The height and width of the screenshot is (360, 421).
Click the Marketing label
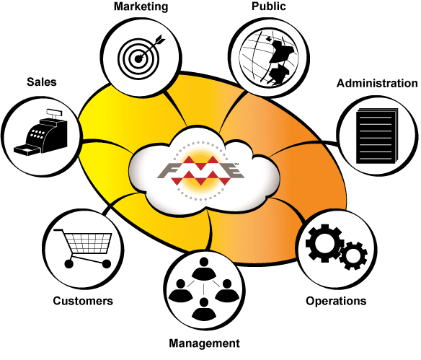[x=141, y=6]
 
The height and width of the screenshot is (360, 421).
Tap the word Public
[x=268, y=6]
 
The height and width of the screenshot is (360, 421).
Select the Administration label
[x=377, y=83]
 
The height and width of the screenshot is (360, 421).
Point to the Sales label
[x=42, y=82]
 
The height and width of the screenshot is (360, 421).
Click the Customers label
[x=83, y=301]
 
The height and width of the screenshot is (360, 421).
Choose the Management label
[x=204, y=343]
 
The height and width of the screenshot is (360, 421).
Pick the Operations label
[x=336, y=301]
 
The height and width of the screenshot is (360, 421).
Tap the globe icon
[x=269, y=58]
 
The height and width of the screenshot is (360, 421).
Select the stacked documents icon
[x=377, y=136]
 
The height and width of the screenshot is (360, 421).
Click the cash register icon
[x=41, y=132]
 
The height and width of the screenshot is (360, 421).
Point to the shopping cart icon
[x=83, y=248]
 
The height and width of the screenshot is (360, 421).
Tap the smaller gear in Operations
[x=353, y=256]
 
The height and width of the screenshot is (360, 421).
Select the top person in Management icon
[x=204, y=268]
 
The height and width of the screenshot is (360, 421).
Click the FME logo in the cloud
[x=200, y=170]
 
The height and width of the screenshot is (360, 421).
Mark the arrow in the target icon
[x=151, y=47]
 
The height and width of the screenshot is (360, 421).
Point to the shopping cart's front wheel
[x=107, y=264]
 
